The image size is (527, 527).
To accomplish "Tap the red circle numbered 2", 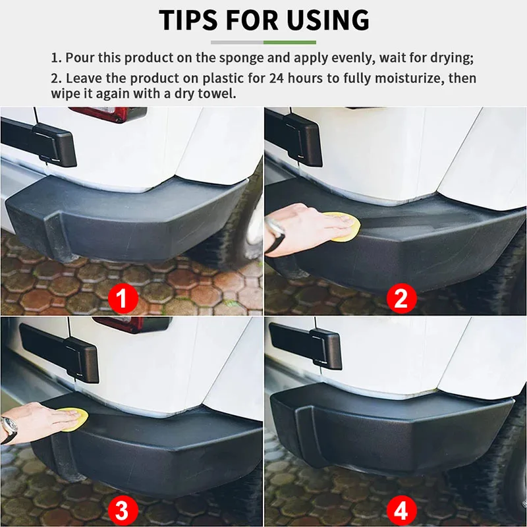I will (x=401, y=300).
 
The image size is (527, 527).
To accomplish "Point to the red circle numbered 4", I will (x=401, y=509).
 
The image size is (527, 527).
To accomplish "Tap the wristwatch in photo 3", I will (x=9, y=429).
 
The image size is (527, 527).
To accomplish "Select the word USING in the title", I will (x=331, y=20).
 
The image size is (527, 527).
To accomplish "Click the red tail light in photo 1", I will (x=109, y=113).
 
